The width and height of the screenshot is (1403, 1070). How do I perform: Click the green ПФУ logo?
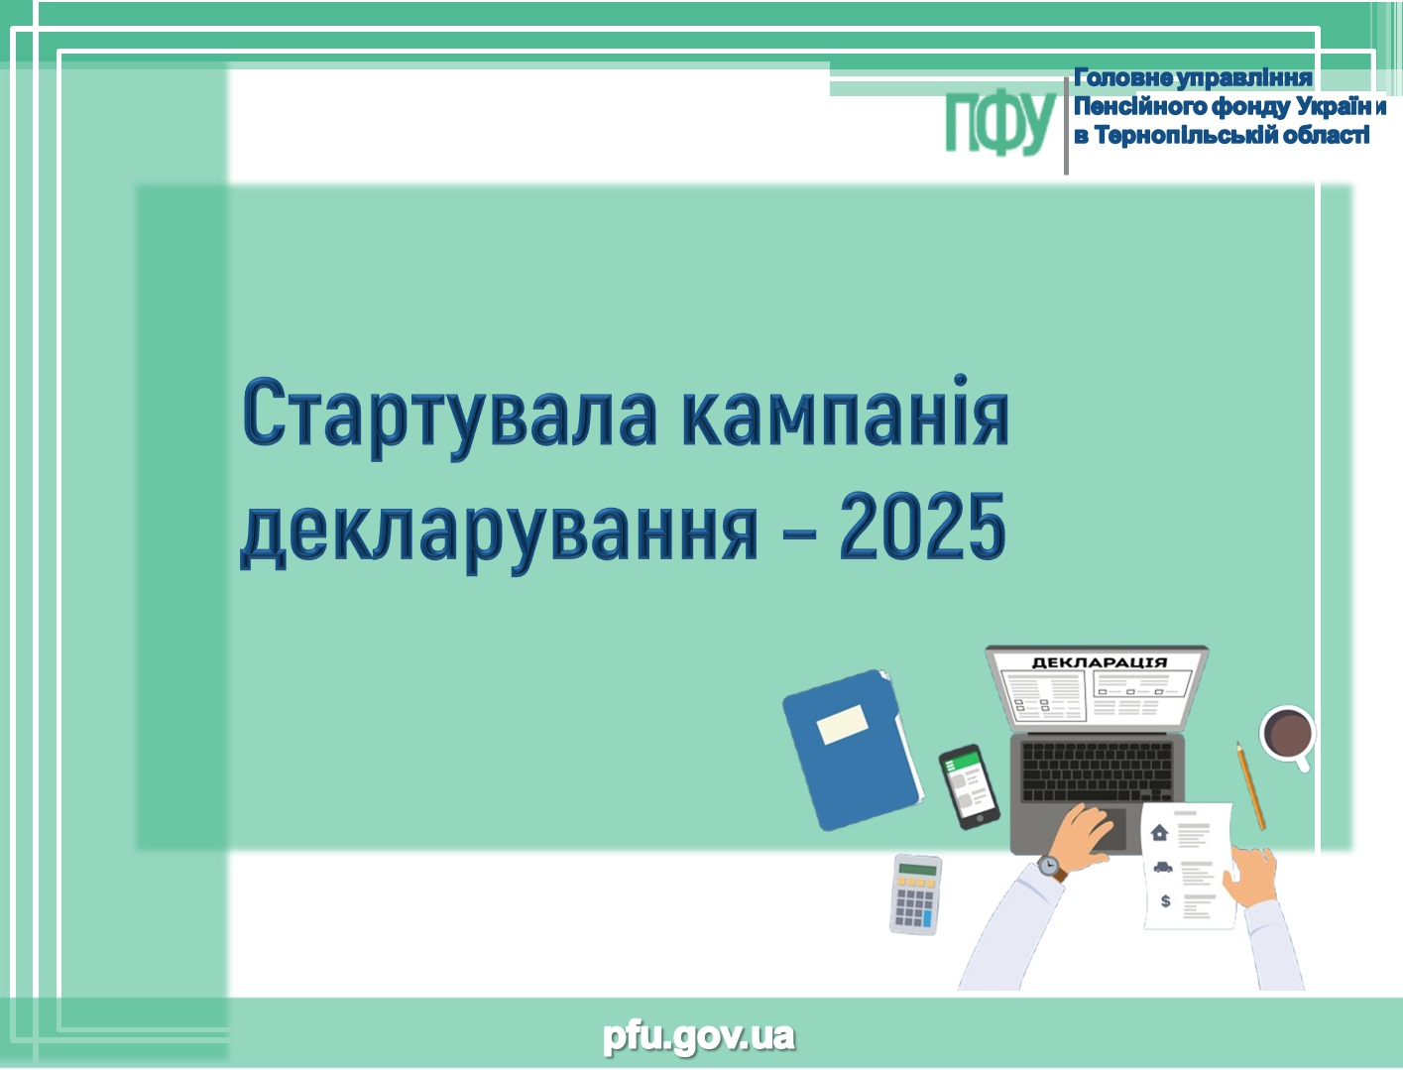coord(1000,123)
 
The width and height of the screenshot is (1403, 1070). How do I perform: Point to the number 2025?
coord(924,526)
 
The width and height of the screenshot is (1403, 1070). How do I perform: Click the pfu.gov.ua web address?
coord(699,1036)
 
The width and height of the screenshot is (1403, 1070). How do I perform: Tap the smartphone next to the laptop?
coord(969,786)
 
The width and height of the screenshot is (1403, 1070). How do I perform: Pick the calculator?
coord(916,894)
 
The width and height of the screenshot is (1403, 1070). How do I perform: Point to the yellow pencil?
coord(1250,785)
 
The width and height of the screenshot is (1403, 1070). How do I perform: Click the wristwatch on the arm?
coord(1051,868)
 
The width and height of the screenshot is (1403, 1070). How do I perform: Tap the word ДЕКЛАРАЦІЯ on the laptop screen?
coord(1100,662)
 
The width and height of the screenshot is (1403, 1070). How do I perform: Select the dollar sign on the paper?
coord(1165,900)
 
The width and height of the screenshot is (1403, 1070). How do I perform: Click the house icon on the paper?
coord(1159,832)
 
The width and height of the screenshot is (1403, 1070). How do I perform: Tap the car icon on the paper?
coord(1163,868)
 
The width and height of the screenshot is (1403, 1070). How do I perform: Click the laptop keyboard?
coord(1098,771)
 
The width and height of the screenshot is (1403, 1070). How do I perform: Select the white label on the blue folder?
coord(843,725)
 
